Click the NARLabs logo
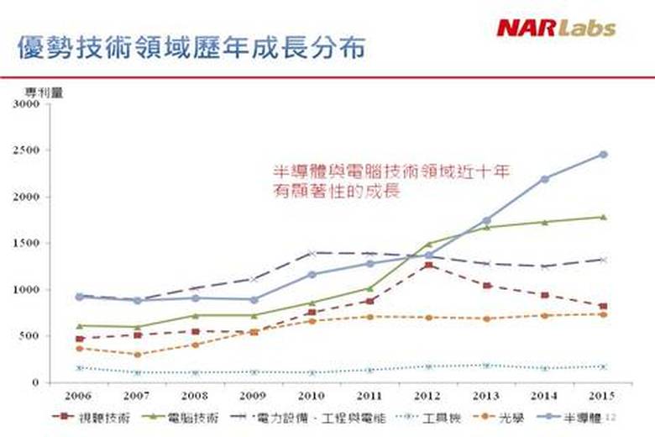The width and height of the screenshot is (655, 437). tap(555, 28)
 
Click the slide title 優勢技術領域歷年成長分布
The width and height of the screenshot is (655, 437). tap(191, 48)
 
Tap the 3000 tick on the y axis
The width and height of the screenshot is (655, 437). tap(26, 105)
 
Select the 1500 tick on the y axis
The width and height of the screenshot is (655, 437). tap(26, 244)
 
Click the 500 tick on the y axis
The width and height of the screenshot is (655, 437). tap(29, 336)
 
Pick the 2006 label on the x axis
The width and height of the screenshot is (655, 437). tap(78, 394)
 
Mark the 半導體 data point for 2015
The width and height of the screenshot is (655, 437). tap(602, 155)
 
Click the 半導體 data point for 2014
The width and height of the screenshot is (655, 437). tap(544, 179)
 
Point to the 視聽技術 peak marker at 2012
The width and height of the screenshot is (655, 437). tap(427, 265)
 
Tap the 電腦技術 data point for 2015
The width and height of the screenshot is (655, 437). tap(602, 217)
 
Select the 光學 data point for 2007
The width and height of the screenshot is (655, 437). tap(137, 355)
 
